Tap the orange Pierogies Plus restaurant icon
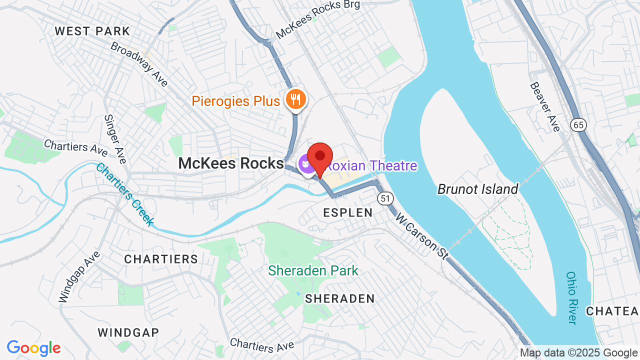click(x=295, y=99)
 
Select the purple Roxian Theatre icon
click(x=304, y=163)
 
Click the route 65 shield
click(x=579, y=125)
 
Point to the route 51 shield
click(x=384, y=198)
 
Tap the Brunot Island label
click(x=477, y=189)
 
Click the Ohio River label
click(x=572, y=298)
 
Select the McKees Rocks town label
click(x=231, y=163)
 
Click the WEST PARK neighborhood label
click(x=92, y=31)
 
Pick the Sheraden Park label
click(x=313, y=271)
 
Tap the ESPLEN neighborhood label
click(x=348, y=212)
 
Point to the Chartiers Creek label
click(x=124, y=194)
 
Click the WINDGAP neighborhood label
click(x=128, y=332)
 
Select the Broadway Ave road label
click(x=139, y=64)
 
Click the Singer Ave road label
click(x=114, y=139)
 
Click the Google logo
click(x=33, y=348)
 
